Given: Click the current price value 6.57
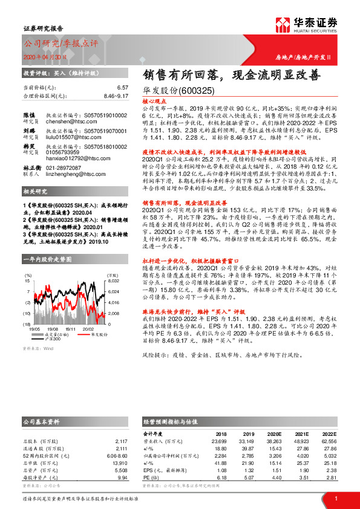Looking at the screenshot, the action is tap(123, 88).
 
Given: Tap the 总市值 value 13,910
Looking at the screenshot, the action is tap(119, 462).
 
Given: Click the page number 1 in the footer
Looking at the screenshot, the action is tap(335, 498).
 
